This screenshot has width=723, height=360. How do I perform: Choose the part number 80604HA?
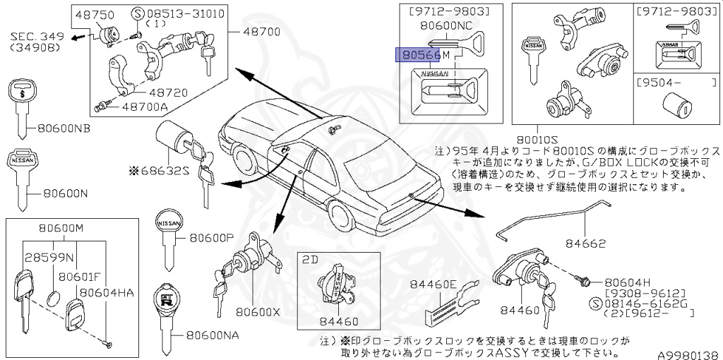(x=107, y=291)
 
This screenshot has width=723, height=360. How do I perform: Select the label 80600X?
(x=258, y=310)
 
